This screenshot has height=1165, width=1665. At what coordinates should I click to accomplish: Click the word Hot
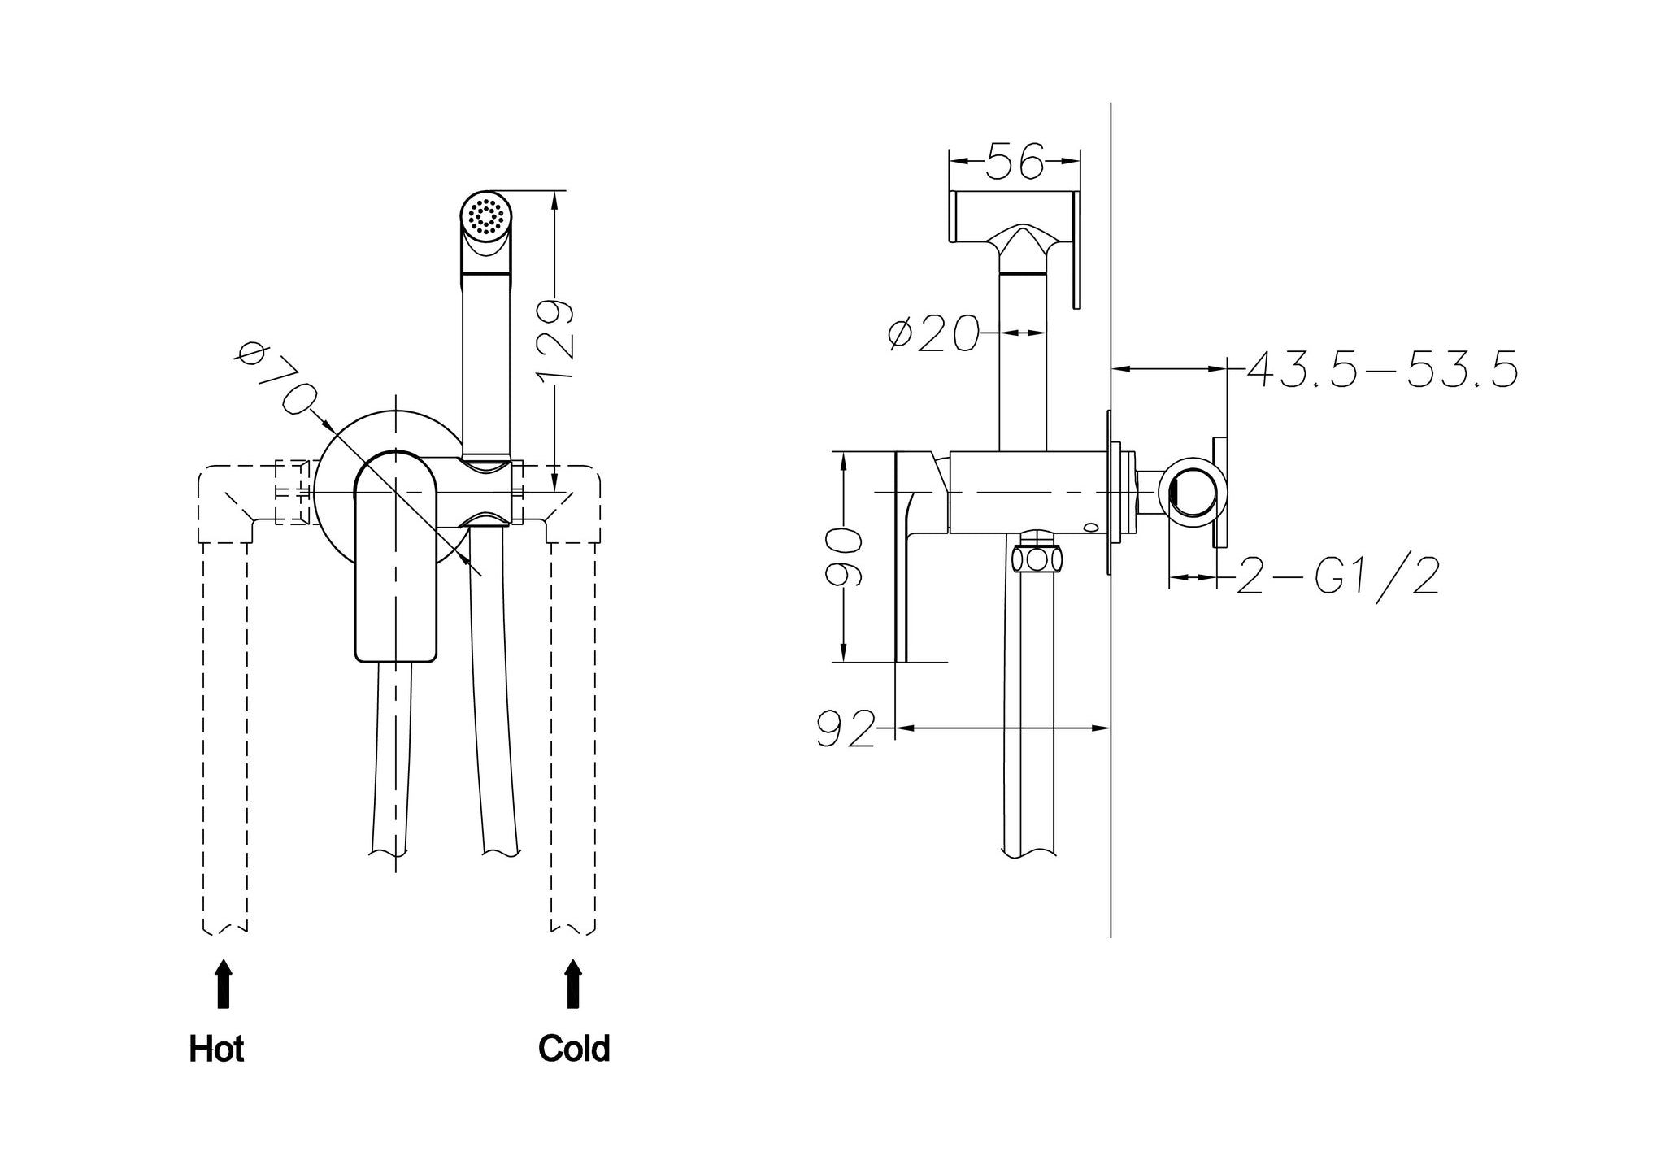pos(216,1049)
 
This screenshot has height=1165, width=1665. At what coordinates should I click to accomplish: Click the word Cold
pos(574,1049)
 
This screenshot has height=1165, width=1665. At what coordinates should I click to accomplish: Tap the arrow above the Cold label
pos(574,984)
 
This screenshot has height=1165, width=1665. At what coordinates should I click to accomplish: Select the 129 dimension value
pos(556,339)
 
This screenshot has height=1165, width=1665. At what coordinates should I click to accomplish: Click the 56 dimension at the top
pos(1015,160)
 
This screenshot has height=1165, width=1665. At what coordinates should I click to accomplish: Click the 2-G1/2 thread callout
pos(1337,576)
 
